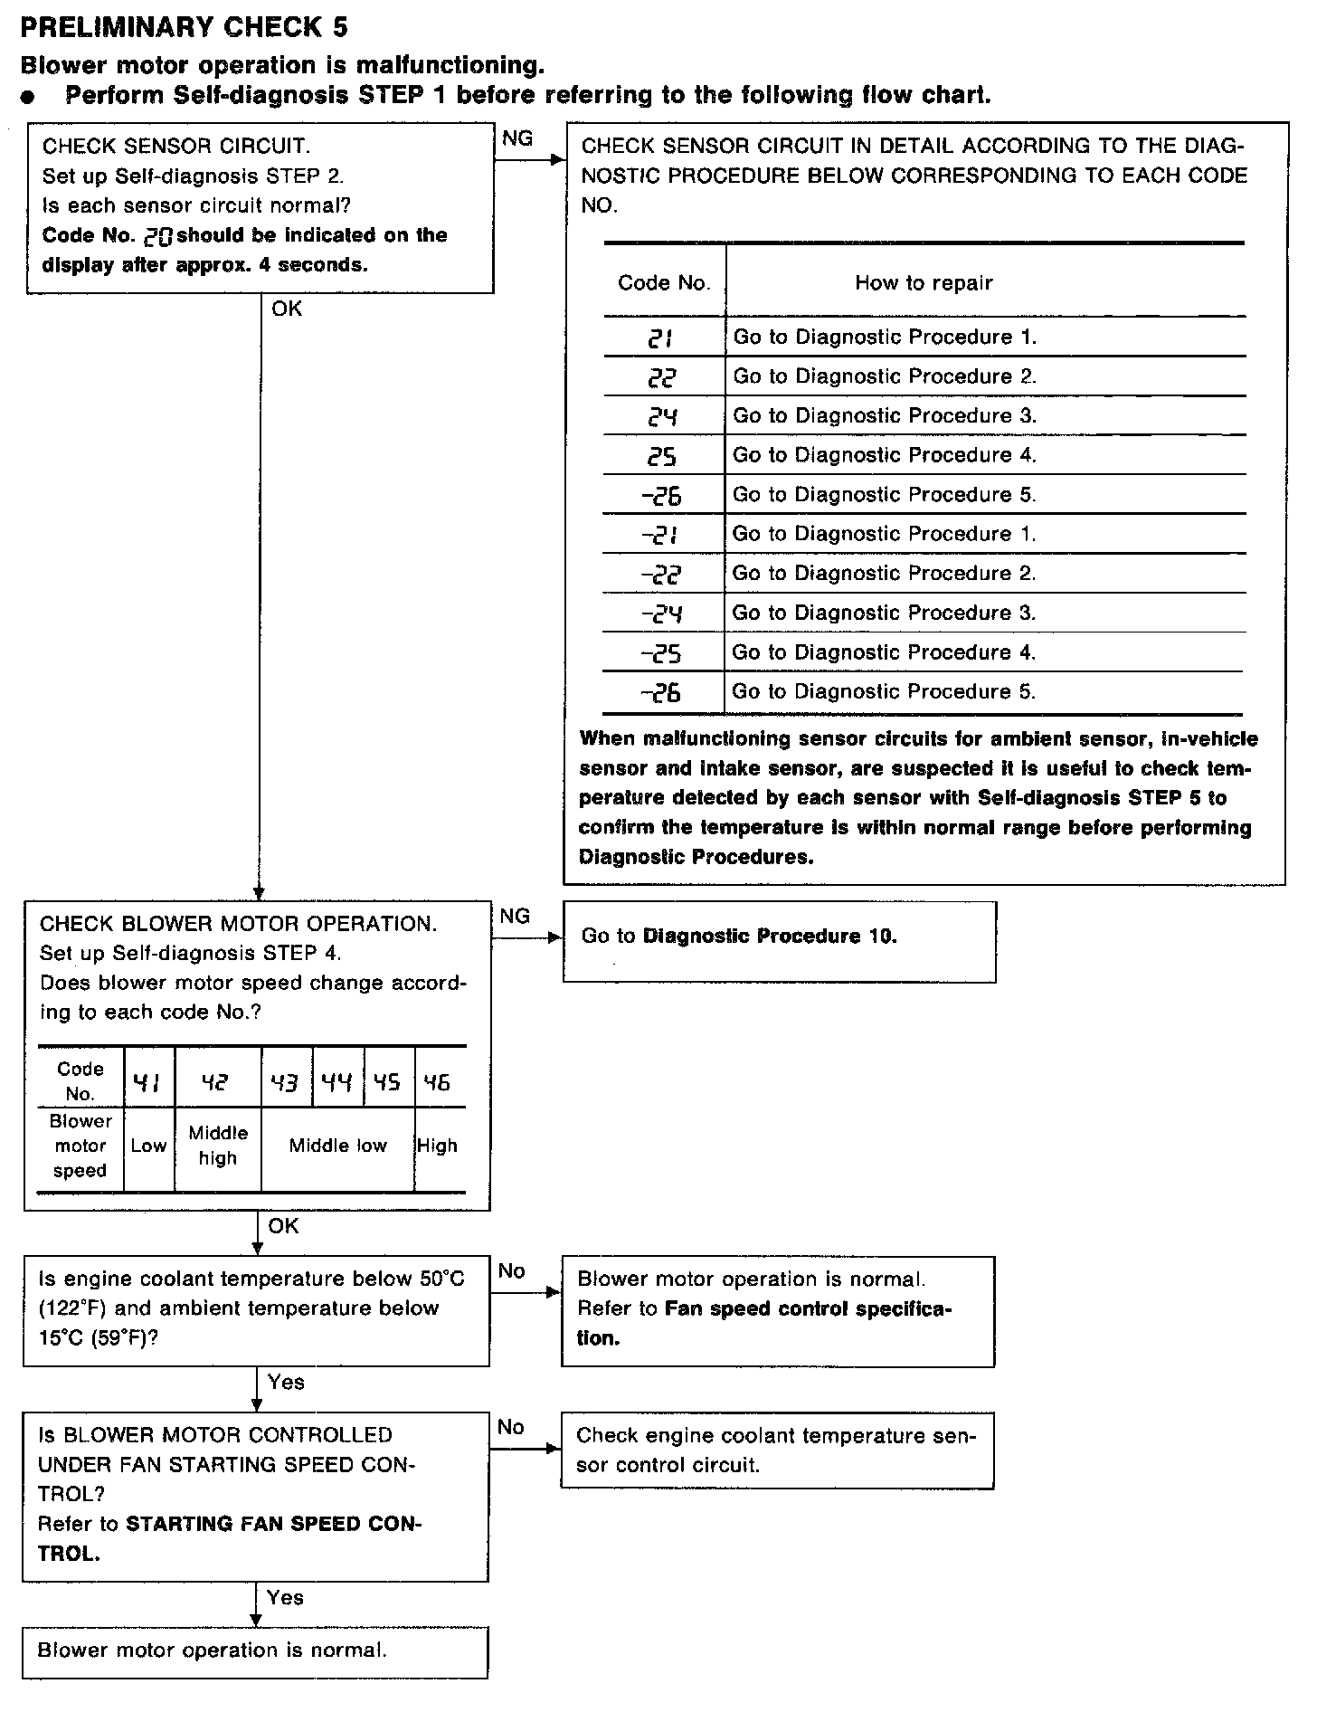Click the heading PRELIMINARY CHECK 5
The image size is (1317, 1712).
(x=184, y=28)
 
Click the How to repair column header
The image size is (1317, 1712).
(x=924, y=283)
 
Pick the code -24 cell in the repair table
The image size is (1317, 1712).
(x=661, y=614)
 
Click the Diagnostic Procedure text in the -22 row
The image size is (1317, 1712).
(x=884, y=574)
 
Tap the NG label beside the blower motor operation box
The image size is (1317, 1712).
(x=514, y=916)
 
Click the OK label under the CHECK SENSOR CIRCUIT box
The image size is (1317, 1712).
(x=287, y=309)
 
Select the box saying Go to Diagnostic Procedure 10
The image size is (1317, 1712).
(x=779, y=941)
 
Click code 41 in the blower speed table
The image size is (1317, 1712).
(x=147, y=1082)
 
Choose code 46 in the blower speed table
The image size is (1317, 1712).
(x=437, y=1082)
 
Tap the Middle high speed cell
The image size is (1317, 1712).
(x=218, y=1146)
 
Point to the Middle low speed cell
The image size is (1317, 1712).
(x=337, y=1146)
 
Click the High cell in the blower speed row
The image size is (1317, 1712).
(x=437, y=1146)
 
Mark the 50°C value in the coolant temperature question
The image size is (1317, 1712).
(x=441, y=1279)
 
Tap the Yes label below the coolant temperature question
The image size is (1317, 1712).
(x=286, y=1382)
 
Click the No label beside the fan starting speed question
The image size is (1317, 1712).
(x=510, y=1427)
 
